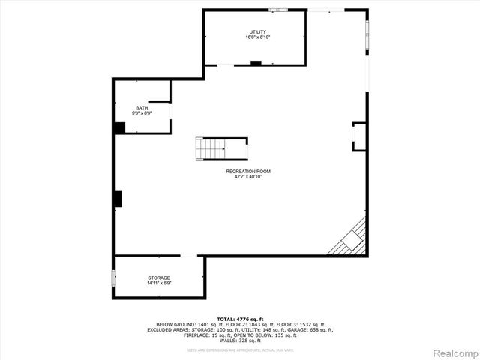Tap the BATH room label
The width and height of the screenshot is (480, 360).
click(142, 108)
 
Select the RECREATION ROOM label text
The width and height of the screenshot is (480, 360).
click(248, 171)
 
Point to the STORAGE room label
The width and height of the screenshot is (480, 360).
click(158, 277)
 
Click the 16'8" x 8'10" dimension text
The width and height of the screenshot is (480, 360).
click(258, 37)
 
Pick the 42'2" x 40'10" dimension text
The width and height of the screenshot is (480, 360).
click(248, 176)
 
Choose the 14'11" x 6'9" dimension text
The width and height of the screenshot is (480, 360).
click(158, 283)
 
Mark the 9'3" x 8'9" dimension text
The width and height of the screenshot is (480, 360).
click(142, 113)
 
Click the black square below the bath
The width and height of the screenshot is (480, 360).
click(119, 127)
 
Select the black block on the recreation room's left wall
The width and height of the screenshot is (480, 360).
click(118, 198)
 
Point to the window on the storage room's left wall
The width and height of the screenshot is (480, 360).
click(114, 277)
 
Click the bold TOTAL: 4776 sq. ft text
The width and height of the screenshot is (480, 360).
click(239, 319)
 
